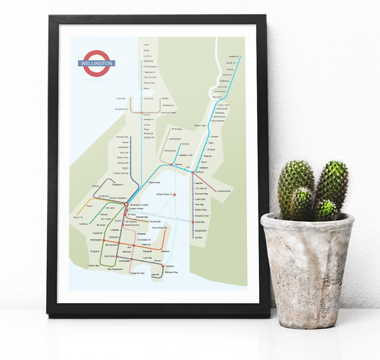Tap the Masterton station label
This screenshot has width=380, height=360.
click(x=233, y=56)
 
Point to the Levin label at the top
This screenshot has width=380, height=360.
click(x=146, y=45)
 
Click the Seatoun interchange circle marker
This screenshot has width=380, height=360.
click(x=163, y=267)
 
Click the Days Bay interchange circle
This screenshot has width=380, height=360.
click(x=194, y=221)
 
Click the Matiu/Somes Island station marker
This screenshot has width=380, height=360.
click(x=174, y=194)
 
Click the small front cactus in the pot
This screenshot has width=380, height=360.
click(x=326, y=209)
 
